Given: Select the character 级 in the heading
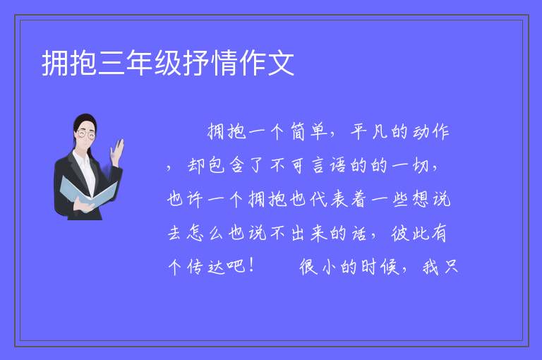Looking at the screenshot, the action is tap(168, 63).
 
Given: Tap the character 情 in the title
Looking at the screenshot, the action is tap(224, 63).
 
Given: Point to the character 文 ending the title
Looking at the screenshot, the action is tap(281, 63).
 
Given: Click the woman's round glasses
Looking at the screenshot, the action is tap(85, 134).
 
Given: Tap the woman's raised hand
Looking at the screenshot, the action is tap(118, 152).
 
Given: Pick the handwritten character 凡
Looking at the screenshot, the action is tap(379, 132).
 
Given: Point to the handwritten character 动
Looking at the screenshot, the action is tap(420, 132).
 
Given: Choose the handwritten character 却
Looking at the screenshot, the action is tap(196, 166).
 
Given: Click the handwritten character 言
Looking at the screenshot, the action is tap(318, 166).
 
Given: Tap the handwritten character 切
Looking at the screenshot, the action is tap(421, 166).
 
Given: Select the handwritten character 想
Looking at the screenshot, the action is tap(421, 199).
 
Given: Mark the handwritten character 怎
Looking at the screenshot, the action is tap(195, 233).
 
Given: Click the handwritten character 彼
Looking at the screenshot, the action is tap(400, 233).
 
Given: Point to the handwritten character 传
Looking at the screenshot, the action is tap(195, 266).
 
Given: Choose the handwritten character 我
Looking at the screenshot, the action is tap(430, 266).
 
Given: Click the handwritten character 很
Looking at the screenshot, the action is tap(308, 266).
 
